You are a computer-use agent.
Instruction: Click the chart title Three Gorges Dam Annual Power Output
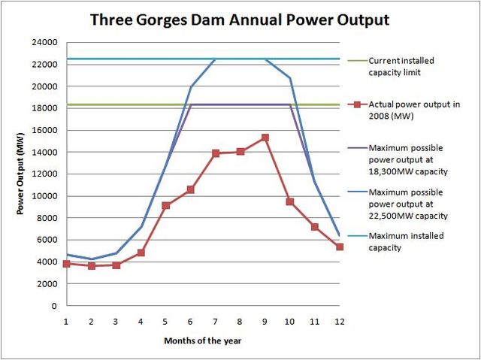coord(240,20)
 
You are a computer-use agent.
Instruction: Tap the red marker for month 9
coord(265,138)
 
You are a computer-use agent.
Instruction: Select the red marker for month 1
coord(67,264)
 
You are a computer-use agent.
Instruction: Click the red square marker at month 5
coord(166,205)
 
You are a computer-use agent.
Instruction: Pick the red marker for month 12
coord(340,247)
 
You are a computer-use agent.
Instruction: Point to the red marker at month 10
coord(290,201)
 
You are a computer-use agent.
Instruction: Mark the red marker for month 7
coord(216,153)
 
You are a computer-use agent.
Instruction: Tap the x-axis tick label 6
coord(191,321)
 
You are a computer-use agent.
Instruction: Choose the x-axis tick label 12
coord(340,321)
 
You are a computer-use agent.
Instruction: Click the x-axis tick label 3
coord(116,321)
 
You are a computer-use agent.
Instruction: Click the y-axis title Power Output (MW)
coord(22,174)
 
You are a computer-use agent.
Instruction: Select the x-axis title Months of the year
coord(203,340)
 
